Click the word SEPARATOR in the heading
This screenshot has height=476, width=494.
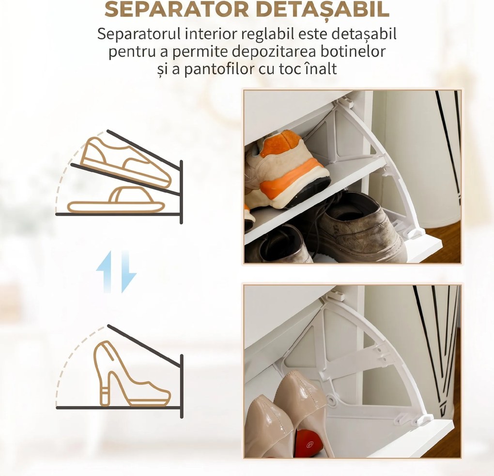tap(177, 9)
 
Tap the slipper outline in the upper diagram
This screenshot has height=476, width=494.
tap(116, 201)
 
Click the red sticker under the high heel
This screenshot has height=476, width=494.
tap(308, 443)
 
